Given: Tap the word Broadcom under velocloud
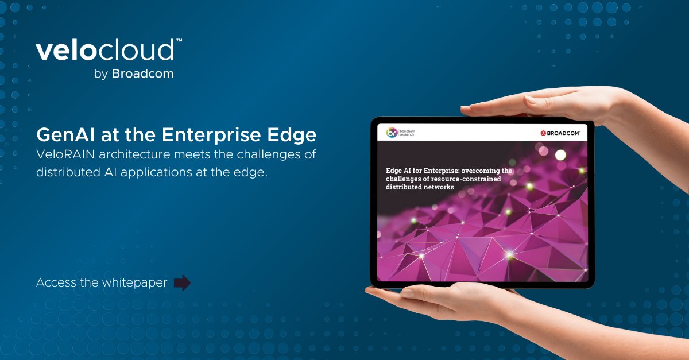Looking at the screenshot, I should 142,73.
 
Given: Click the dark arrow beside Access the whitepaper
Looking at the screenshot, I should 182,282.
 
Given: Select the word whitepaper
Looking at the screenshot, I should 135,282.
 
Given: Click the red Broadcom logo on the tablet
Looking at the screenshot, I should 560,133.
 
